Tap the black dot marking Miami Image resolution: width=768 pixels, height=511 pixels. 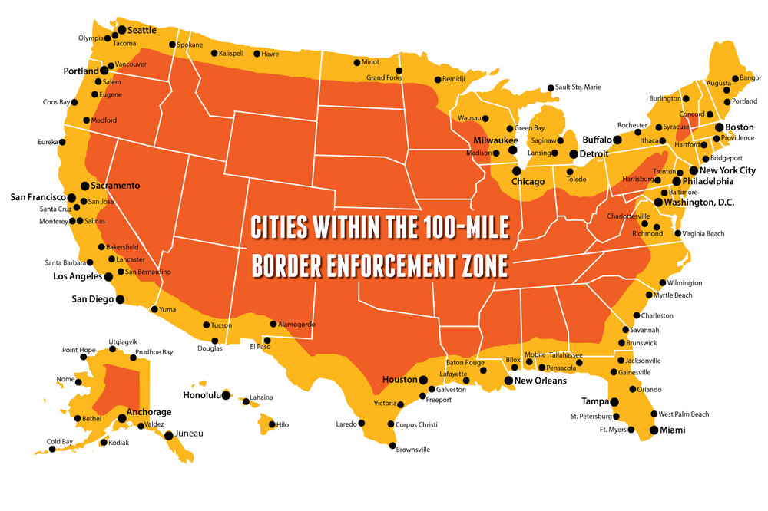pyautogui.click(x=654, y=430)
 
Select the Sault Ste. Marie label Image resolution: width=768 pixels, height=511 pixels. pyautogui.click(x=578, y=87)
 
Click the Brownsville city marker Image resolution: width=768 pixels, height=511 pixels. pyautogui.click(x=393, y=446)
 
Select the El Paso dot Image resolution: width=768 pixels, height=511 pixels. pyautogui.click(x=267, y=339)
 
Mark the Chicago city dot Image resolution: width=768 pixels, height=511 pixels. pyautogui.click(x=517, y=171)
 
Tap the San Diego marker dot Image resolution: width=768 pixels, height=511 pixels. pyautogui.click(x=120, y=299)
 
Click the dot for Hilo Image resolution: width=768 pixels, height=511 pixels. pyautogui.click(x=269, y=424)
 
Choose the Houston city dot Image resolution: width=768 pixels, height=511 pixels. pyautogui.click(x=423, y=380)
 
